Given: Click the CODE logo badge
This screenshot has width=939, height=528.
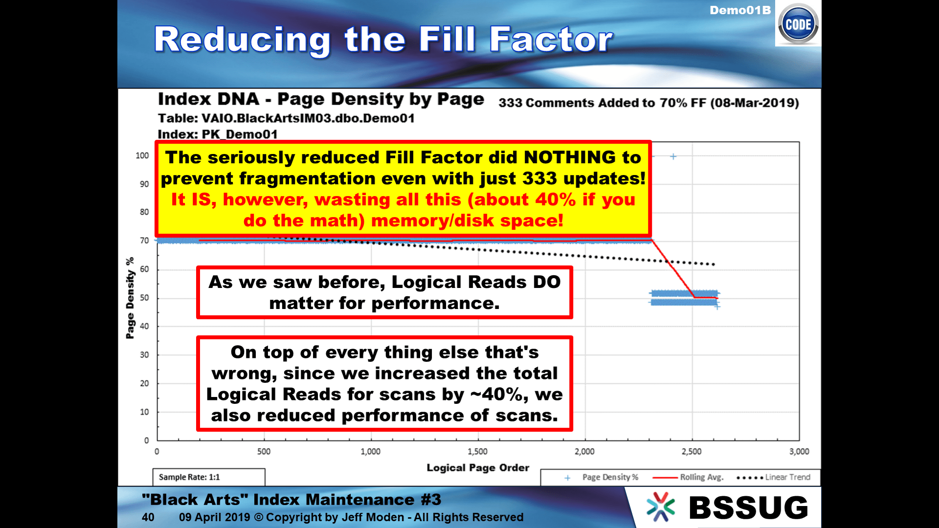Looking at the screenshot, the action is pos(798,24).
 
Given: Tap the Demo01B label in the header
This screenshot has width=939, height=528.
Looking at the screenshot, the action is pos(740,10).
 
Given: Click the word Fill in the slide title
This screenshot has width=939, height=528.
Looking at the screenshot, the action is pos(447,39).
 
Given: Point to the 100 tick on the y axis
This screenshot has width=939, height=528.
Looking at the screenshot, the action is pos(142,155).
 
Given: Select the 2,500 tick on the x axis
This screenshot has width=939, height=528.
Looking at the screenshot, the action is pos(692,451).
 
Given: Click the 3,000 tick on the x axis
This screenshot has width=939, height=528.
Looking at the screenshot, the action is pos(799,451).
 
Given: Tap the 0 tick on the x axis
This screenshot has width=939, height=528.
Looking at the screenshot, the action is pos(157,451).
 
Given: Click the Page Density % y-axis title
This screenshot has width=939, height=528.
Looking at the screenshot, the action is pos(130,298).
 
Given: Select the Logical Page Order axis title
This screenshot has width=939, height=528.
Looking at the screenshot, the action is pos(478,468).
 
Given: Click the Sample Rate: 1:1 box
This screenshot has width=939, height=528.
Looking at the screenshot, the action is pos(209,477).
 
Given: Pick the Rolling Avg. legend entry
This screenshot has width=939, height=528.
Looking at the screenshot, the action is pos(688,477).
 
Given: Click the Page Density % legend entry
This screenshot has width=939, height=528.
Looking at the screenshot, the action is pos(602,477).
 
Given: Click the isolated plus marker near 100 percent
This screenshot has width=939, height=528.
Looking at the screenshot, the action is pos(673,156).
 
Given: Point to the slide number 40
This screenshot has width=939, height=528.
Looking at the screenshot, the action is pos(148,517).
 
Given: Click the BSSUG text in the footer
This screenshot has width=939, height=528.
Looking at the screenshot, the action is pos(748,508).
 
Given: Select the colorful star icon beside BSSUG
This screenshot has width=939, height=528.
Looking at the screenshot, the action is pos(660,507).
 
